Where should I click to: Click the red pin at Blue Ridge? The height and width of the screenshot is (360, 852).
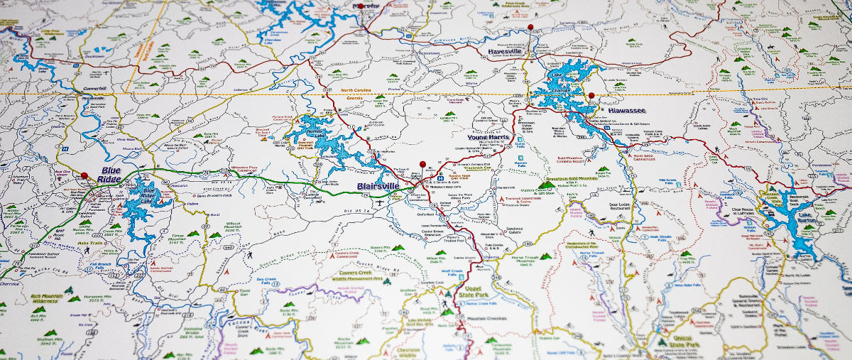[84, 175]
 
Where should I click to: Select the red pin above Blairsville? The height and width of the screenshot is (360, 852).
[422, 165]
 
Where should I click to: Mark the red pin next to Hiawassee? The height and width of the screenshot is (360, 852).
[591, 95]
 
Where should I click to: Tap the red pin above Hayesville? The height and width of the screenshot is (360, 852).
[530, 27]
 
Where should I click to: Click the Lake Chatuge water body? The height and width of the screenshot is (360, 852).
[568, 85]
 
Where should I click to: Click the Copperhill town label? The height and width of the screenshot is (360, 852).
[94, 89]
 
